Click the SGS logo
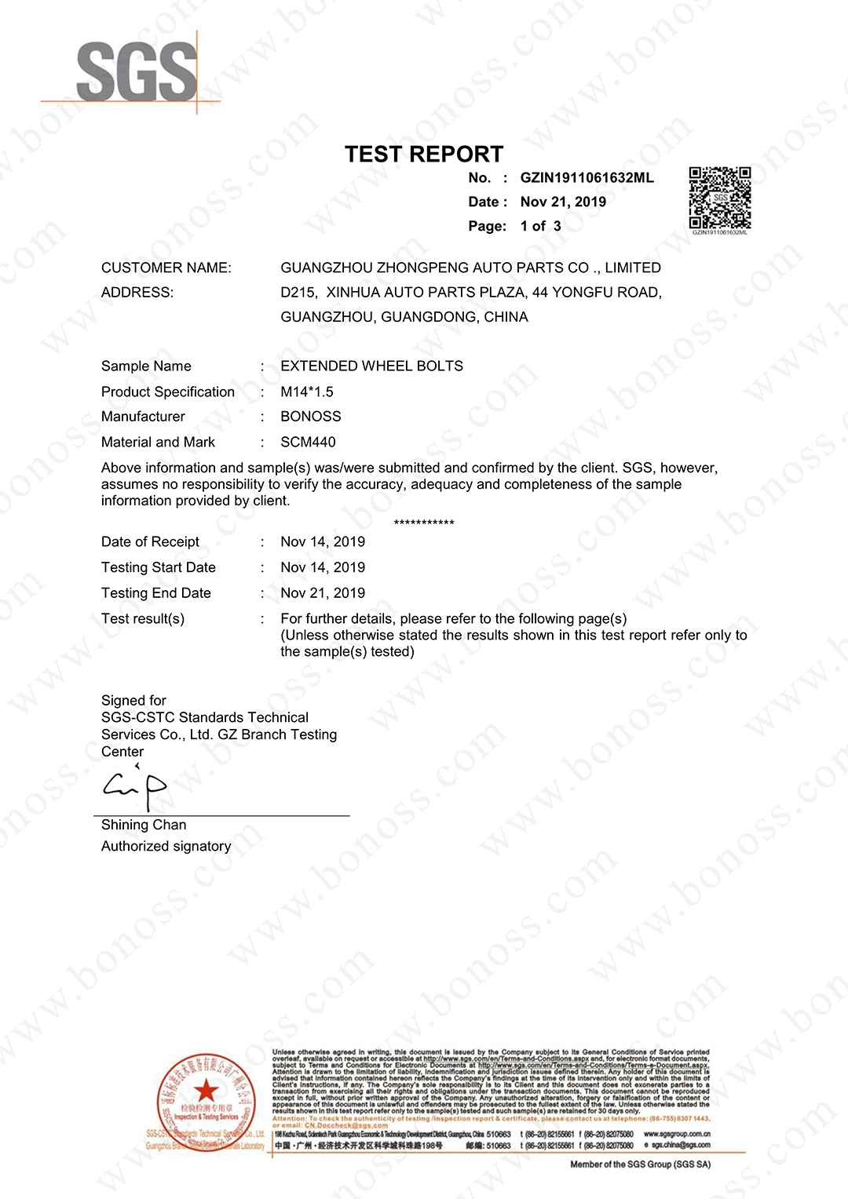136,72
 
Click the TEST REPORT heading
424,154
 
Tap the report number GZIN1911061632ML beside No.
587,178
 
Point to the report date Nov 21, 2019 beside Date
563,202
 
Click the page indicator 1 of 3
540,227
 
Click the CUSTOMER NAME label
166,268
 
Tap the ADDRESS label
137,293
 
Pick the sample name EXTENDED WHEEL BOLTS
371,366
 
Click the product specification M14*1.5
307,392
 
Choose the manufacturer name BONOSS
311,417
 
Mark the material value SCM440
308,443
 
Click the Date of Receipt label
150,542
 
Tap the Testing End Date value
323,593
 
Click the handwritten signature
135,787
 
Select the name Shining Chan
144,825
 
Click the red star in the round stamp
207,1090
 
